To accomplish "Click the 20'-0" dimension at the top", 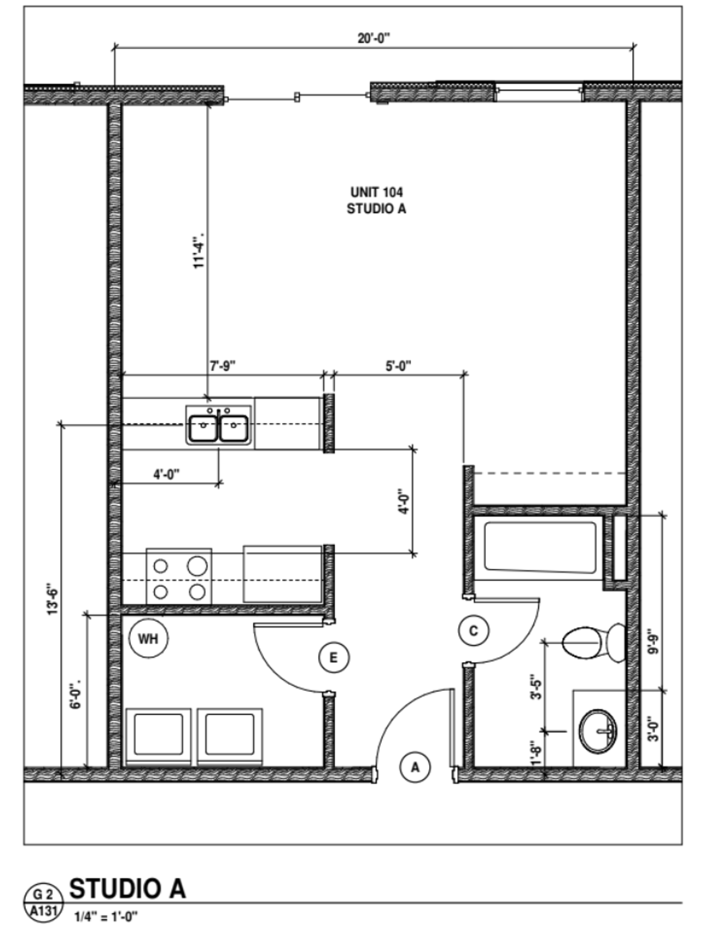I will pos(374,39).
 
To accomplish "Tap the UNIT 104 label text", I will pos(376,192).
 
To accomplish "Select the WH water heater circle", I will pos(148,638).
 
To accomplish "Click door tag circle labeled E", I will pos(334,657).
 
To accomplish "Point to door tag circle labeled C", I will pos(473,631).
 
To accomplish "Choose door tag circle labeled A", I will pos(415,767).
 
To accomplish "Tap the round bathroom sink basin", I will pos(598,732).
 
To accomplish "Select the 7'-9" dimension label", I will pos(223,366).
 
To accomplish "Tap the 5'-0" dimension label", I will pos(398,366).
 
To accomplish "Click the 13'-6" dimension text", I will pos(52,600).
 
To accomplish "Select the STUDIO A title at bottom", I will pos(128,889).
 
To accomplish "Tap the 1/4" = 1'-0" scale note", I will pos(106,917).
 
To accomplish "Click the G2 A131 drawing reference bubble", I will pos(44,902).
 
